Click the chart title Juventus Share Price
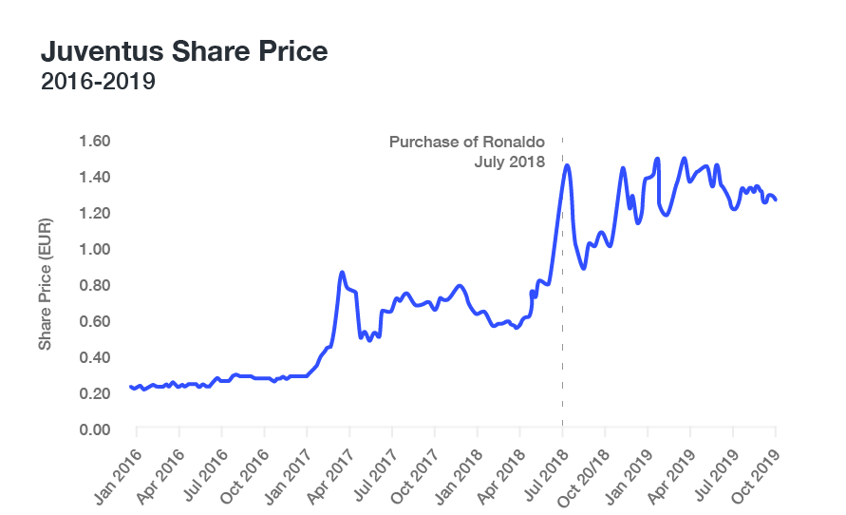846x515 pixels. click(x=184, y=51)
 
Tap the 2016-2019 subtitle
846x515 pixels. click(x=98, y=83)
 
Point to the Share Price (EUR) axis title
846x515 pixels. click(x=45, y=283)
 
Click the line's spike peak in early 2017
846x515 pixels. click(x=342, y=273)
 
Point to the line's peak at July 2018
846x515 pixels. click(x=567, y=165)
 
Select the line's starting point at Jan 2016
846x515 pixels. click(x=131, y=387)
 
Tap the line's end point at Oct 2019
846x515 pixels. click(x=776, y=200)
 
